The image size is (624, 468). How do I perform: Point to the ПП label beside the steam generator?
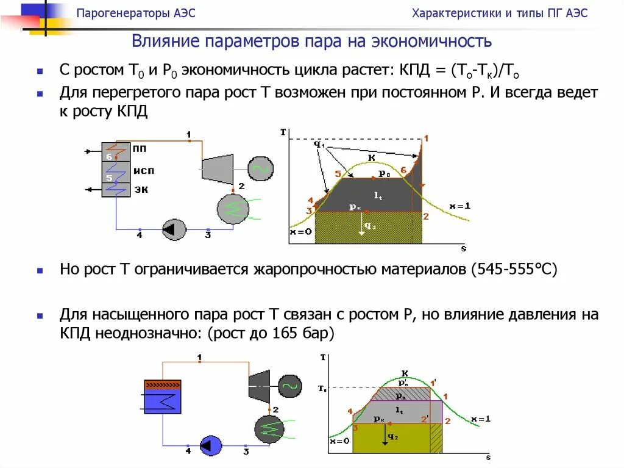tap(140, 148)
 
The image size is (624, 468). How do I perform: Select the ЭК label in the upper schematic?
tap(141, 189)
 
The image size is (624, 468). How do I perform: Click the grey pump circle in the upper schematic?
tap(174, 229)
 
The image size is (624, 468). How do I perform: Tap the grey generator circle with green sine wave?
tap(260, 169)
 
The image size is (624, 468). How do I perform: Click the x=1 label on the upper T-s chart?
tap(459, 206)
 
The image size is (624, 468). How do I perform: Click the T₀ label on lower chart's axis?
tap(322, 388)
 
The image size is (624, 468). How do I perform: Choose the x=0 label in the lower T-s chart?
tap(339, 441)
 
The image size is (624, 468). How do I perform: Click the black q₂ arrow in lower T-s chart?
tap(386, 435)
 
